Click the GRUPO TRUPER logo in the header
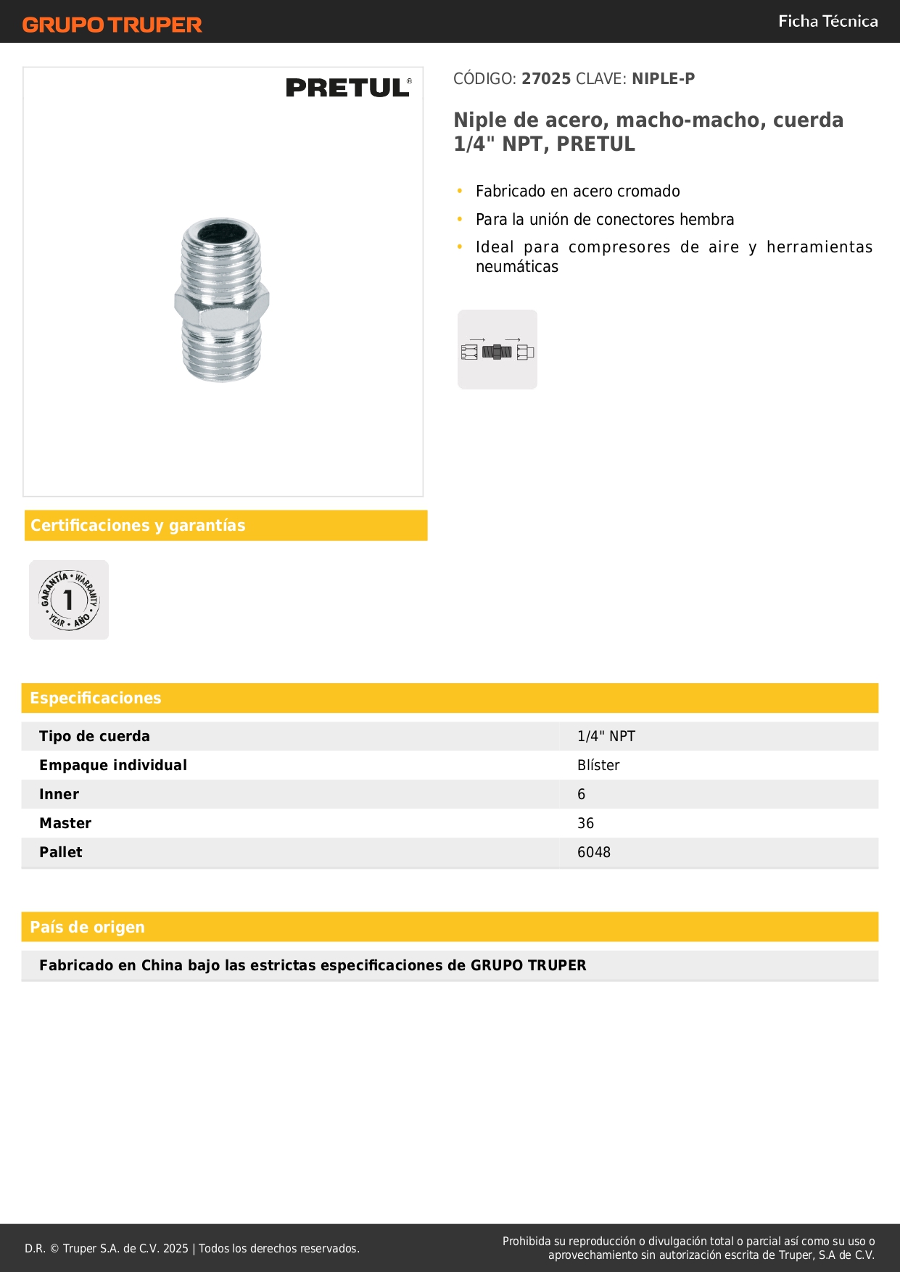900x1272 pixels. (112, 25)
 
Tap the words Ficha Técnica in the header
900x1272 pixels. (827, 22)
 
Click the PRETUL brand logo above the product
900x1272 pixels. (348, 88)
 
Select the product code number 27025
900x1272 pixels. (546, 79)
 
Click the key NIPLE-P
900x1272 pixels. (663, 79)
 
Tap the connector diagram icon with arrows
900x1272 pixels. (498, 350)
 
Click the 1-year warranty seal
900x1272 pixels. (69, 600)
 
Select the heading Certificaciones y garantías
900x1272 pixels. (138, 526)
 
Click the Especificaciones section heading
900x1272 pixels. (96, 698)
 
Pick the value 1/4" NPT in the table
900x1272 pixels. (606, 737)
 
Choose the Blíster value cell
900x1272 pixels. (598, 766)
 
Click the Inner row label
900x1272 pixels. (59, 795)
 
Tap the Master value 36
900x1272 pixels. (585, 824)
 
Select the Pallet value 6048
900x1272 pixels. (593, 853)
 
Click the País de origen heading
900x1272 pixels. (87, 928)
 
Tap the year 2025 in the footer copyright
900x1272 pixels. (176, 1249)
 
